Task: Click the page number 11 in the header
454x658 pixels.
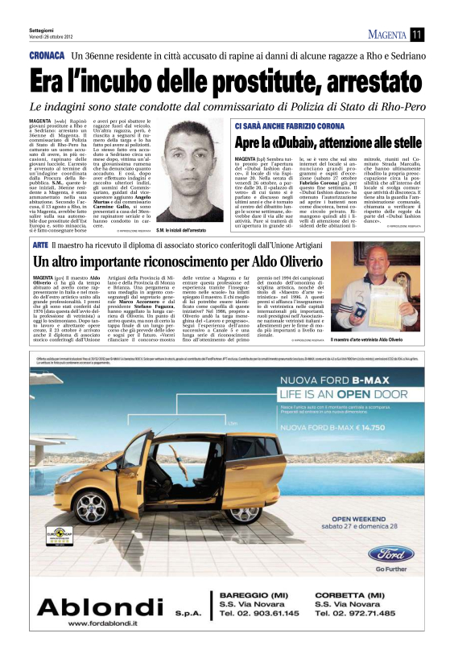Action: pyautogui.click(x=416, y=34)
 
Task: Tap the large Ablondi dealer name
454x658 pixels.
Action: pyautogui.click(x=89, y=604)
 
